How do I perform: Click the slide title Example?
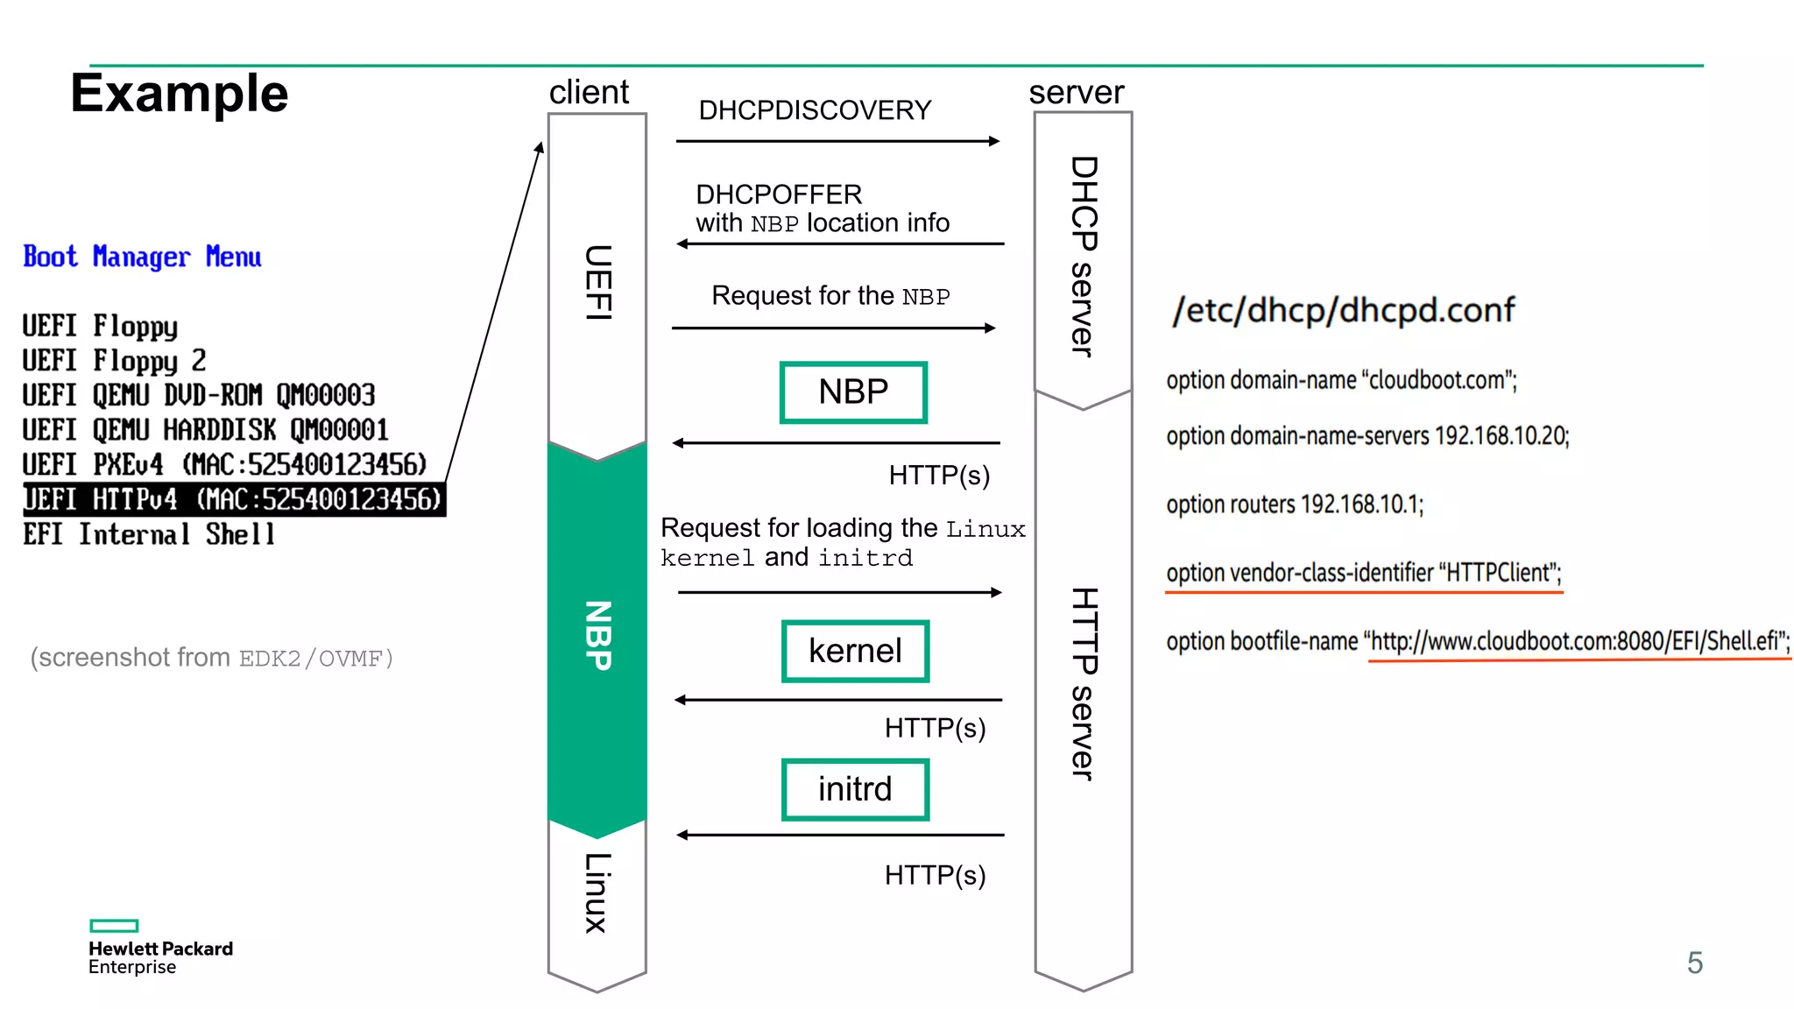179,94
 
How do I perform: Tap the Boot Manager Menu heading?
142,257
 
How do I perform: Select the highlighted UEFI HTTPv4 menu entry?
233,499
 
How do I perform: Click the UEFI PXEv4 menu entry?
224,464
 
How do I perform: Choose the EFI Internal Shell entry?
149,534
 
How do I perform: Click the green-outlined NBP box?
853,392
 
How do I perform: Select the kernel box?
855,651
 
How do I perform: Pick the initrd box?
855,789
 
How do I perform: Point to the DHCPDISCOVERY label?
814,110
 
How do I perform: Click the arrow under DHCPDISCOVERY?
837,141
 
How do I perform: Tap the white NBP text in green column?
597,635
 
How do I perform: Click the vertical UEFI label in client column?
597,282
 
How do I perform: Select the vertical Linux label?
597,893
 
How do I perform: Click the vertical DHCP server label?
1084,256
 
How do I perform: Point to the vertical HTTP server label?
1084,683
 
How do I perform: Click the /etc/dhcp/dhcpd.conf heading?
1343,310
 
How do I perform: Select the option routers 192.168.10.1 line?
1295,504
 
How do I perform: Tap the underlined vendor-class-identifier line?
1363,573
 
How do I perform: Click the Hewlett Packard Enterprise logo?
160,948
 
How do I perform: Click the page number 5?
1694,963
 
